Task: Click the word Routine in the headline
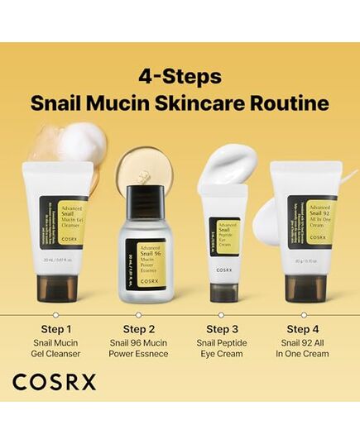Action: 290,104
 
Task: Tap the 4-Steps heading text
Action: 180,77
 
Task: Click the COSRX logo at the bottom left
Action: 54,382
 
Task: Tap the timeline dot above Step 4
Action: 304,315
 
